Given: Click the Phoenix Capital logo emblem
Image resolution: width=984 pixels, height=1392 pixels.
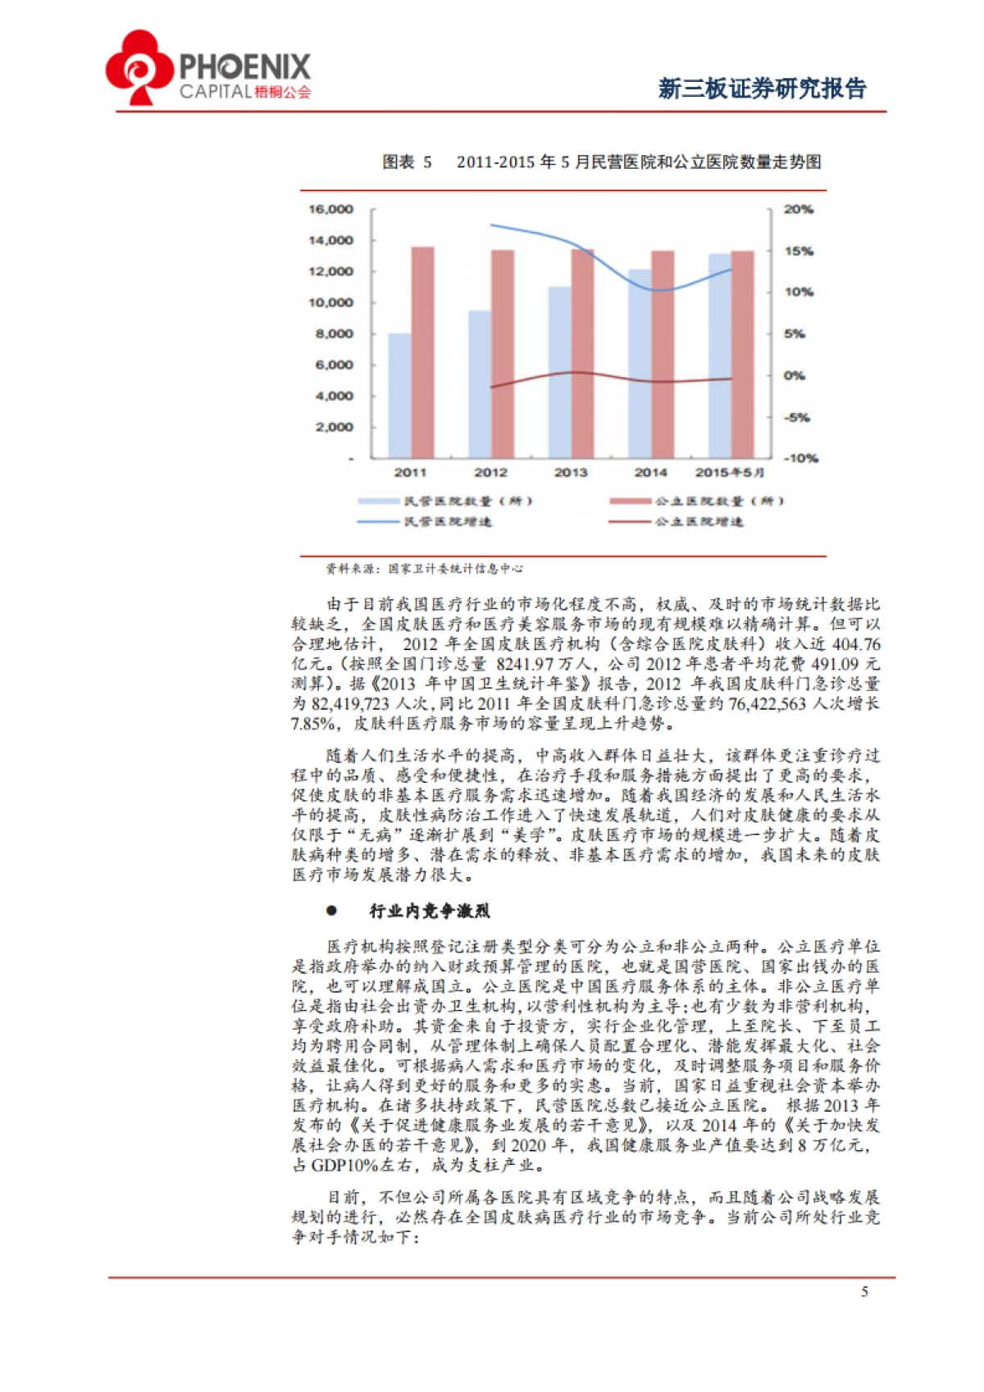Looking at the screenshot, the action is [139, 67].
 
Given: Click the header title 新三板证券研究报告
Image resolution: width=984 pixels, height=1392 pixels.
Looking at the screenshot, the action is [762, 89].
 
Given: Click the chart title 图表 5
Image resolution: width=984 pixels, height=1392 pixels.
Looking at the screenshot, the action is [407, 162].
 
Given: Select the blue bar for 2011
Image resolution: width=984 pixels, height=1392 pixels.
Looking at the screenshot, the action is [399, 395].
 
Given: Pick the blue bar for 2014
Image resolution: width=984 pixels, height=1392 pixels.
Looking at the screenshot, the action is [640, 363].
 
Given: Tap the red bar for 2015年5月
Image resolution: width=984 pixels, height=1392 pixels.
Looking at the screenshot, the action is [743, 354].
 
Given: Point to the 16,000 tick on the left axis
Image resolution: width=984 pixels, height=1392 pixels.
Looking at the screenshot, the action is [330, 210].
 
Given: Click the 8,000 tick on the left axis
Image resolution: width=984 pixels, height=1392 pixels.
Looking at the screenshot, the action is [334, 334].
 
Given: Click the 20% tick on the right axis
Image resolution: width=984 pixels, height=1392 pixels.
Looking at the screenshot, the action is [798, 210].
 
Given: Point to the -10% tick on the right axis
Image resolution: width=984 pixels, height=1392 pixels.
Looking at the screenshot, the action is [800, 458].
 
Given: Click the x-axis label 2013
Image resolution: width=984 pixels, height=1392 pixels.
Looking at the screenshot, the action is [571, 473].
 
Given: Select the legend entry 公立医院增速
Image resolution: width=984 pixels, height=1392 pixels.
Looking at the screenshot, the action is [698, 522].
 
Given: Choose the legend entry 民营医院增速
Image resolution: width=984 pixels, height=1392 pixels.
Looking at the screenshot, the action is [447, 522].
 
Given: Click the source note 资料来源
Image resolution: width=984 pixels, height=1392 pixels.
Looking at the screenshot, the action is [424, 568].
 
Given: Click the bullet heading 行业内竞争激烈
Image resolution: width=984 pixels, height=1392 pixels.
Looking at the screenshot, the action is [429, 911].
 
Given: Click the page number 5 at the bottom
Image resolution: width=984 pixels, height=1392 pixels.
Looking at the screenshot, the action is [864, 1293].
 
